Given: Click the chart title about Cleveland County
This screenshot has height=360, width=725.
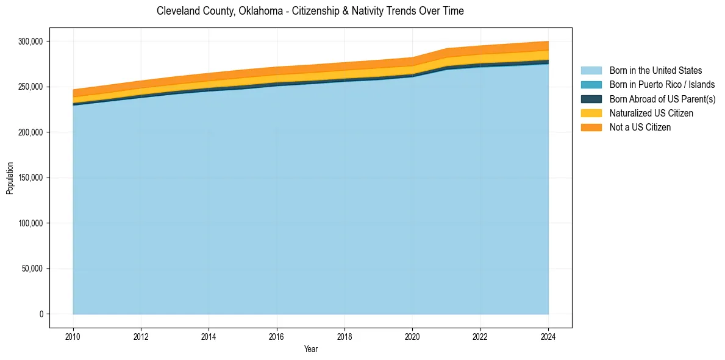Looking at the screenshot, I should [x=310, y=11].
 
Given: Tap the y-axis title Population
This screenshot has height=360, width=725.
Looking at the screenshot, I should [x=10, y=178].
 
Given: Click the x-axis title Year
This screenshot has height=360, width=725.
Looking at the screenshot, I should [x=310, y=350].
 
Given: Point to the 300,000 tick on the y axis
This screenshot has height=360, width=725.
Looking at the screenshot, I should [x=30, y=41].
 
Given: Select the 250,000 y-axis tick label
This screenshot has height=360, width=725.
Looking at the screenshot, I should [x=30, y=87].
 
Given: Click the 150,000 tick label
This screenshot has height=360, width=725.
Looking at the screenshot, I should [x=30, y=178].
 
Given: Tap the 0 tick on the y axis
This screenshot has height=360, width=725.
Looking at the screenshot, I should [x=42, y=314].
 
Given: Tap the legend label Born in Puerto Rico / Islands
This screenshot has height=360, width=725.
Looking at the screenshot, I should [x=662, y=85].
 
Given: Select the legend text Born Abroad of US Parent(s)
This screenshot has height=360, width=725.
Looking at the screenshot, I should [x=662, y=99].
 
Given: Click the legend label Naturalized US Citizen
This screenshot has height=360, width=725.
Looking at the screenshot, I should [x=651, y=113].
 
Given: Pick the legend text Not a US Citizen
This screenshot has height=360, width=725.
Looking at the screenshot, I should [x=640, y=128].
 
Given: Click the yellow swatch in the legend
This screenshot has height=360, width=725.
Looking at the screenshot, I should [x=591, y=113].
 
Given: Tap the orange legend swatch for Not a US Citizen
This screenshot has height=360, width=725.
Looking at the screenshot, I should [x=591, y=128].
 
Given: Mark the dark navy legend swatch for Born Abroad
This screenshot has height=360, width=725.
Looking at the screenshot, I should [x=591, y=99].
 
